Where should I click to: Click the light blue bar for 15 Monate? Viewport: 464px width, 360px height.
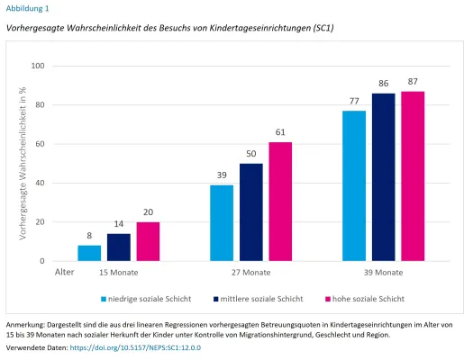pos(89,253)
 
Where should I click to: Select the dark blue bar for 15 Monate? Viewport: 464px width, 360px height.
pos(119,247)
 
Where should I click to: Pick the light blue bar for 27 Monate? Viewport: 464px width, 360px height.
pos(222,223)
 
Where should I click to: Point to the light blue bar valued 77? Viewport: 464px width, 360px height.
pos(354,186)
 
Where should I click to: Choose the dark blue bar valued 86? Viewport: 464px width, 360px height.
pos(384,177)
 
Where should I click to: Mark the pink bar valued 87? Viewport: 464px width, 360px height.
pos(414,176)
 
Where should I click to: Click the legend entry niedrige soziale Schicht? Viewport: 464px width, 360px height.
pos(149,298)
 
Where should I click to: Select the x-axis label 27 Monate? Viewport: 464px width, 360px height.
pos(251,272)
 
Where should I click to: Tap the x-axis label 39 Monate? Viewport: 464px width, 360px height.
pos(384,272)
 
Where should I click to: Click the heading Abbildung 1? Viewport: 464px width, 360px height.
pos(29,8)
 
